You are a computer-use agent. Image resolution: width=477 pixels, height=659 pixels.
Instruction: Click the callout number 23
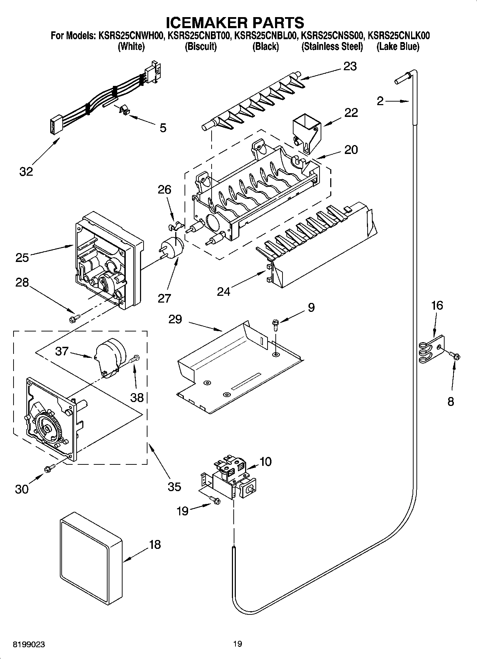tap(350, 67)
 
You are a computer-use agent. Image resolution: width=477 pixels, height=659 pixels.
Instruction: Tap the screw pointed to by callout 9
tap(275, 323)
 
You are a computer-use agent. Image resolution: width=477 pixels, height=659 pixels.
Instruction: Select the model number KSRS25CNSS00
tap(332, 36)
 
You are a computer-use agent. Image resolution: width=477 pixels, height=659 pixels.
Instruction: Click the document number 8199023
tap(29, 644)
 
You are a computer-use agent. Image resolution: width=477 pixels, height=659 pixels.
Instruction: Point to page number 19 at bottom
tap(237, 644)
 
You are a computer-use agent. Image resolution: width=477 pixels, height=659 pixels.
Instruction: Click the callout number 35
tap(174, 486)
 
